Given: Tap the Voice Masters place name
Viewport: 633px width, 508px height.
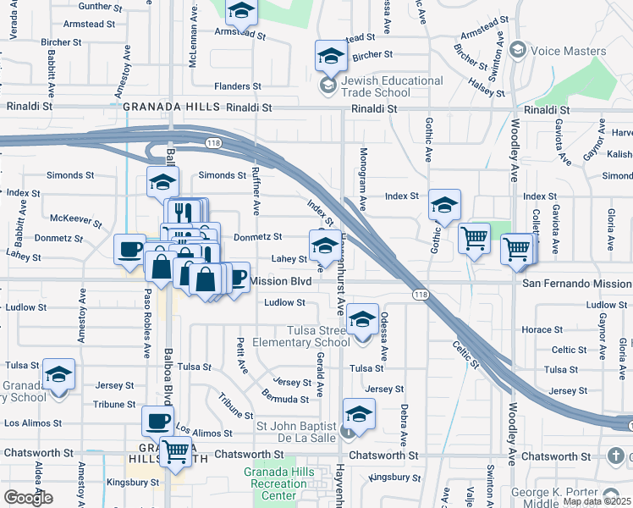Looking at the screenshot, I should (568, 51).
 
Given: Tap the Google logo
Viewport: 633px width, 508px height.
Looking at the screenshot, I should (27, 498).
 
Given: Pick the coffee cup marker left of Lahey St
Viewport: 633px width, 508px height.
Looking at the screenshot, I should (130, 249).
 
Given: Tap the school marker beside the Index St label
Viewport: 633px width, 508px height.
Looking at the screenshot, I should (443, 205).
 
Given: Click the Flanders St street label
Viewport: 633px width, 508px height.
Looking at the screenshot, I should (238, 86).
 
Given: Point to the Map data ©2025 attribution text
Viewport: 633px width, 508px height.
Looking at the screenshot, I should (597, 501).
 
